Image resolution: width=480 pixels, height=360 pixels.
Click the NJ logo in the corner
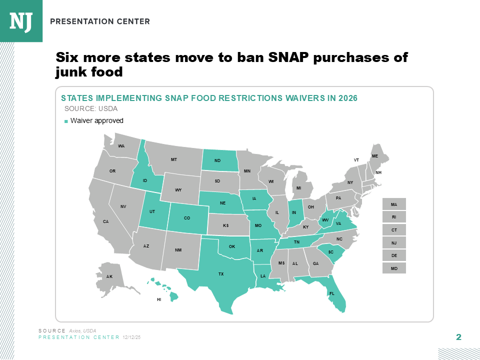pos(21,20)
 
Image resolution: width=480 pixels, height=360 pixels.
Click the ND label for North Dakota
pos(217,160)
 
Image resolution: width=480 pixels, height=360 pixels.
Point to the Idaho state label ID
pos(144,180)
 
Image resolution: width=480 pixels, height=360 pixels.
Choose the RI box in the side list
pos(394,217)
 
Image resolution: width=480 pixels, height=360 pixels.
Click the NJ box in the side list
pos(394,242)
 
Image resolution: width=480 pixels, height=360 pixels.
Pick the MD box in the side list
pos(394,268)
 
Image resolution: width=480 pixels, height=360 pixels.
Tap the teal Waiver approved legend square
pos(66,121)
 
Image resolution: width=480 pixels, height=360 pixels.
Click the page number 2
pos(458,336)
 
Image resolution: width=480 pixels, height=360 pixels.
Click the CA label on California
pos(105,221)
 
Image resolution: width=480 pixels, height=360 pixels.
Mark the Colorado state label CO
pos(187,218)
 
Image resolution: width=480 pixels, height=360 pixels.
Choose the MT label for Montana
pos(173,159)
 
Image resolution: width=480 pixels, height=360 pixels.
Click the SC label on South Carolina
pos(330,252)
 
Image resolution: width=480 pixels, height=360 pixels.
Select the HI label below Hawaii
pos(159,299)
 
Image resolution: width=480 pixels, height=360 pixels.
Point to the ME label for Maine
pos(375,156)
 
